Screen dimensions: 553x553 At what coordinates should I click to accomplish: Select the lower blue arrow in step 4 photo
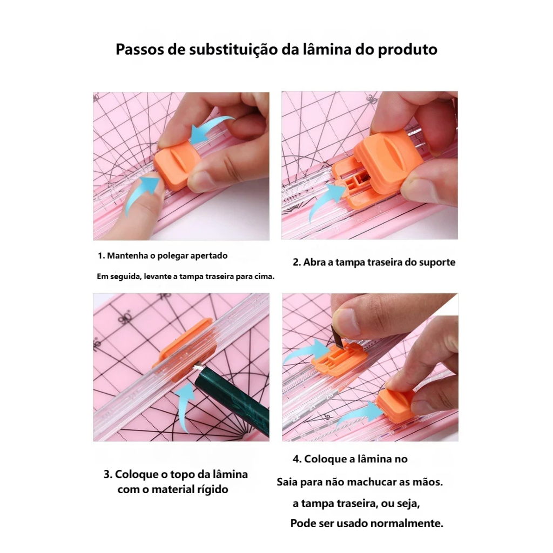360,414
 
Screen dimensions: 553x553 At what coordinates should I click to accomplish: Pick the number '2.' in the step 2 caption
296,262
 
